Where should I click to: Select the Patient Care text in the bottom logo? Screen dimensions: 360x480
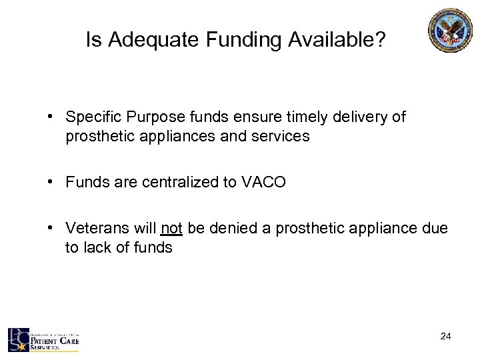[57, 341]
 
